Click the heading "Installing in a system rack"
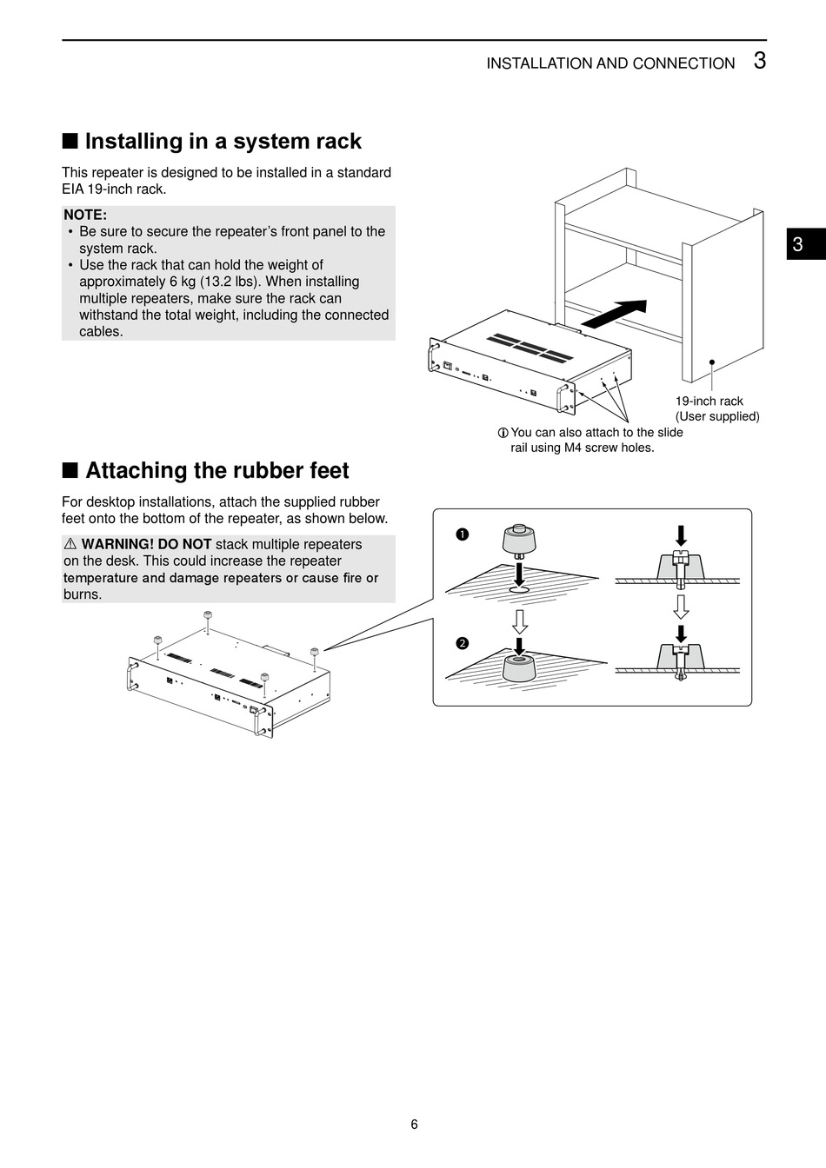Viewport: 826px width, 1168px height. point(223,142)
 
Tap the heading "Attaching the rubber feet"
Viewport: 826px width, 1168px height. point(216,471)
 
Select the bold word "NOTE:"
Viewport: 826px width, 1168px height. point(85,215)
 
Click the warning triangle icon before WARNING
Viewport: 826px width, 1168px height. point(71,544)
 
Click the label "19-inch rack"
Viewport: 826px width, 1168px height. point(709,401)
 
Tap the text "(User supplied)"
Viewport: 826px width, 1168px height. point(717,416)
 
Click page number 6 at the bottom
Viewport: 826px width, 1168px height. point(414,1125)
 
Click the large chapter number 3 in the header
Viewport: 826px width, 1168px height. point(759,61)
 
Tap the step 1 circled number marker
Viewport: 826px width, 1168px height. point(463,534)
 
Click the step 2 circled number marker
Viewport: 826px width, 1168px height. point(463,643)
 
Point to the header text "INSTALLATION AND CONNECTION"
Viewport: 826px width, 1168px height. point(610,63)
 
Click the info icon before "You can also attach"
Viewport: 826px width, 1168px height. point(503,433)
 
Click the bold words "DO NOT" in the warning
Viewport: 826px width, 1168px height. point(184,544)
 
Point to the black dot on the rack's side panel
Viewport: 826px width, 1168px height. point(711,362)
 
